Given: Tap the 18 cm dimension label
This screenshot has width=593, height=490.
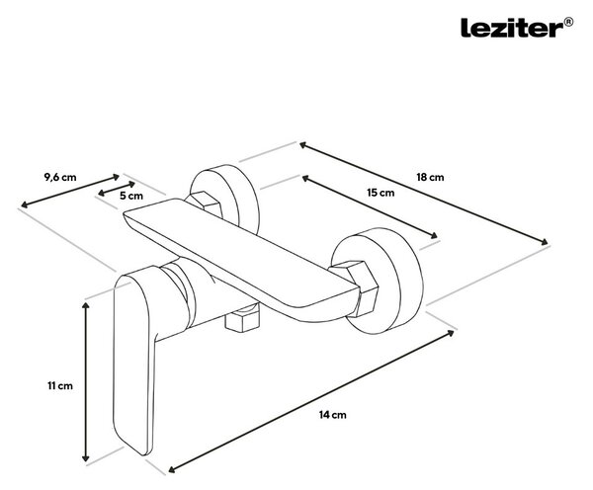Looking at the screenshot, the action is click(x=430, y=177).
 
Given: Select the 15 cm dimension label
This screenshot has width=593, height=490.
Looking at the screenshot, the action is click(x=381, y=193).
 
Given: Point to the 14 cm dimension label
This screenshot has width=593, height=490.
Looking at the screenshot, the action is click(x=332, y=415).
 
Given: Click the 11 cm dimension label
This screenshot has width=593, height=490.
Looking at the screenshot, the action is click(x=60, y=386).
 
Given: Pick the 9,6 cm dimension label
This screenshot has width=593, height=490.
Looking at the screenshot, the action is click(x=60, y=177).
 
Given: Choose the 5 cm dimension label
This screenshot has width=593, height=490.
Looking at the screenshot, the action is click(x=131, y=196).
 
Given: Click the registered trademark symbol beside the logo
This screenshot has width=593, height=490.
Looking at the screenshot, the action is click(x=569, y=22).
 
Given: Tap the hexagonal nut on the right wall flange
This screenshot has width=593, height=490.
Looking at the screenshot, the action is click(x=355, y=286).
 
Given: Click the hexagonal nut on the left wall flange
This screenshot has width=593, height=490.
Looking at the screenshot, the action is click(x=205, y=206).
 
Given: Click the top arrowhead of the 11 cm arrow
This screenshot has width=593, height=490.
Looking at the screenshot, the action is click(x=86, y=305).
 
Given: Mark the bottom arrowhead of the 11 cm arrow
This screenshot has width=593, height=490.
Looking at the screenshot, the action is click(x=86, y=456).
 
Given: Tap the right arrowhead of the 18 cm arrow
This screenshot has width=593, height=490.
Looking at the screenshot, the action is click(x=543, y=242).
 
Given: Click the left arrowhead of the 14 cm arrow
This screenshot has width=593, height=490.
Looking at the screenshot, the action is click(x=173, y=469).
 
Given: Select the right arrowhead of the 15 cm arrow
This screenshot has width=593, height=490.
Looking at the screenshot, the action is click(x=433, y=235).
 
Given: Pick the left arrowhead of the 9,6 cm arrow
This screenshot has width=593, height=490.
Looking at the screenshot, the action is click(x=25, y=204).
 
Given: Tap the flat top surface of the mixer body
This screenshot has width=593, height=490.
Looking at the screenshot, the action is click(x=234, y=242).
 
